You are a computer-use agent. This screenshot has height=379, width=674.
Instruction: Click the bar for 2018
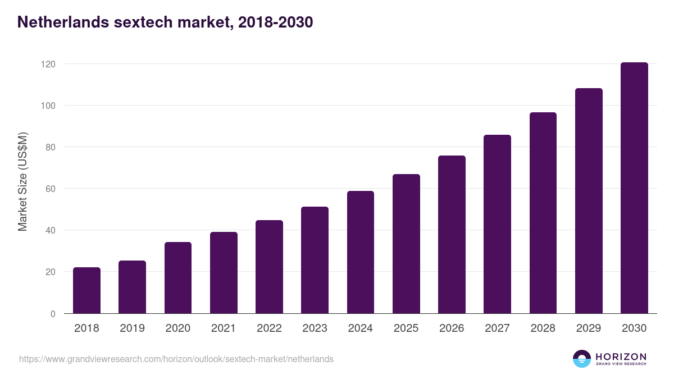click(x=86, y=290)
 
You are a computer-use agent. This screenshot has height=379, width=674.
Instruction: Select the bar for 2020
click(x=178, y=277)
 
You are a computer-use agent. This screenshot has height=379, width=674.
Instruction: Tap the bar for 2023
click(x=315, y=260)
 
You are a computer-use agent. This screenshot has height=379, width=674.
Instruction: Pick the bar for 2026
click(x=452, y=234)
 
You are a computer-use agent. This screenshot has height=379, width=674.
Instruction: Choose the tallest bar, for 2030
click(x=634, y=188)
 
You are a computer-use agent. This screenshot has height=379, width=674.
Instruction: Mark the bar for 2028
click(x=543, y=213)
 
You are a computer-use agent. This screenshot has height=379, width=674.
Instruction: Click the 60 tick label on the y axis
click(x=51, y=189)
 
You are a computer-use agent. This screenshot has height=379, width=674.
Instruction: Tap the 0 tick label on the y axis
click(x=53, y=314)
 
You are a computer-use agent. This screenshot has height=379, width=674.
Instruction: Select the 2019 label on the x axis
click(x=132, y=328)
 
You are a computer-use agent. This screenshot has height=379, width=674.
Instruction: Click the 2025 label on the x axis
click(x=406, y=328)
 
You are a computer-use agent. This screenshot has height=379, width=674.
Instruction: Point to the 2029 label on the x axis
click(x=589, y=328)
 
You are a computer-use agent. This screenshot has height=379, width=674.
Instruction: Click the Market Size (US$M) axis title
click(x=22, y=182)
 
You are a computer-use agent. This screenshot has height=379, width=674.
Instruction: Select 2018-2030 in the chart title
click(x=275, y=22)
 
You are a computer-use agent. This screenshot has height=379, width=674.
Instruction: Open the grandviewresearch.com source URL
click(x=176, y=359)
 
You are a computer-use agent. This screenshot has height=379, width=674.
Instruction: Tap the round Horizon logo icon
click(x=582, y=359)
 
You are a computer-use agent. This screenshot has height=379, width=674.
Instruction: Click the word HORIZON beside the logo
click(x=621, y=357)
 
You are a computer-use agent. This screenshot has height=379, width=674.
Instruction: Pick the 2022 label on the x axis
click(x=269, y=328)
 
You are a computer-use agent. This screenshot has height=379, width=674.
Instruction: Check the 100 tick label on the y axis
click(x=49, y=106)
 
